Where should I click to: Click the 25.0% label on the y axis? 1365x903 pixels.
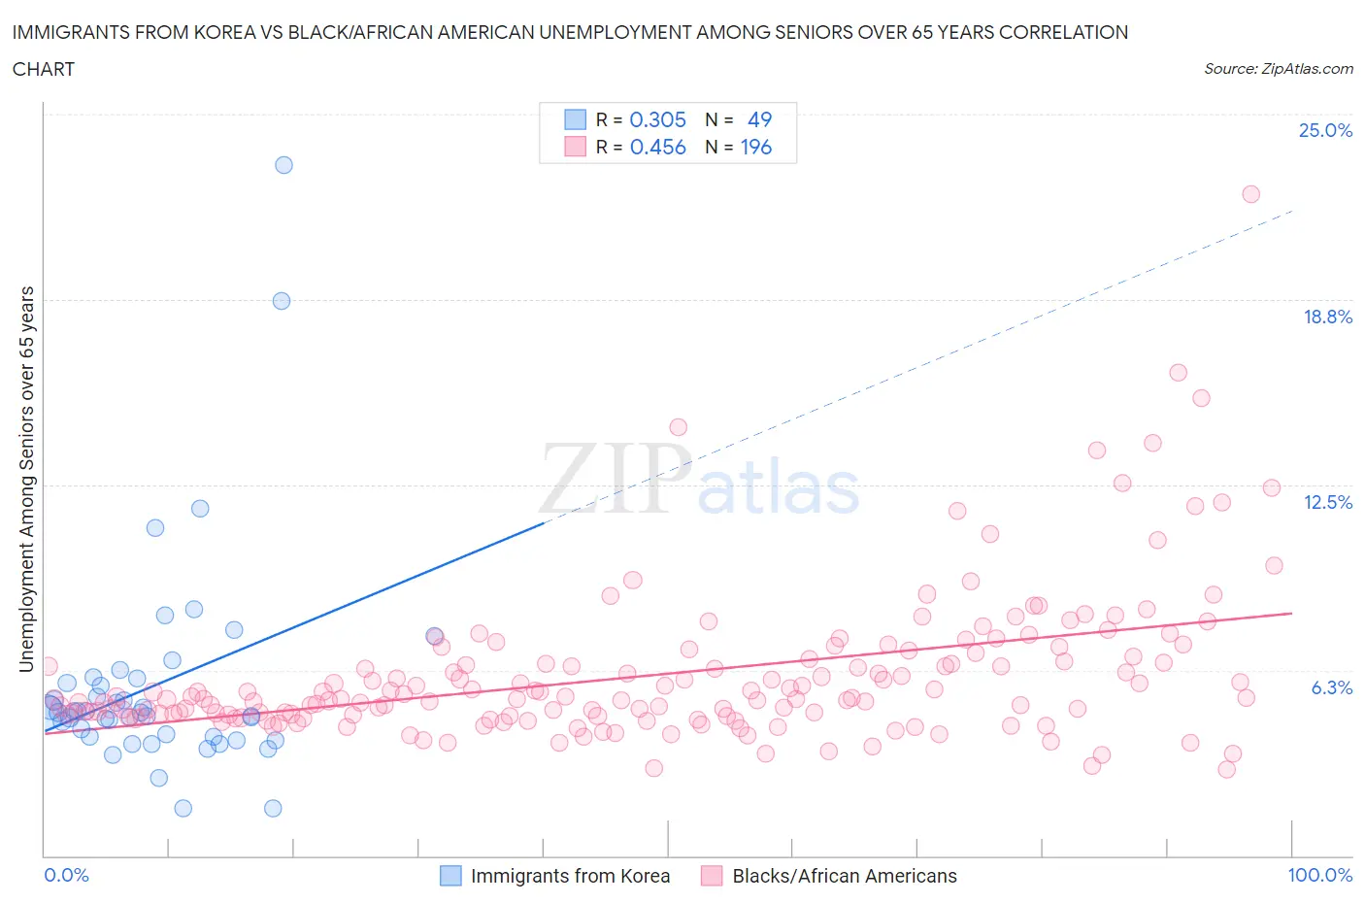point(1325,130)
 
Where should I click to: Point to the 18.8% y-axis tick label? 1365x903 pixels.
point(1327,317)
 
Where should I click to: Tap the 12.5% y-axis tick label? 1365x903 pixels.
point(1327,502)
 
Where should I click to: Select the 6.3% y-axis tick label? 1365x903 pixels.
point(1331,687)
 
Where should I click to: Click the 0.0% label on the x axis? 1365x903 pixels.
point(66,875)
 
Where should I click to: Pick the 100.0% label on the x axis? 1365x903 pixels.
point(1319,875)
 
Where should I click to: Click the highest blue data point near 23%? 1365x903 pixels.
point(283,165)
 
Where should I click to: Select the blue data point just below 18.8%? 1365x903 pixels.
point(282,301)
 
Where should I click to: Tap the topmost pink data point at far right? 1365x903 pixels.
point(1250,194)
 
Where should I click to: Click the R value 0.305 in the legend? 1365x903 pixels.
point(657,119)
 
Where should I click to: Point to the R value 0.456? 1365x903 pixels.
point(657,147)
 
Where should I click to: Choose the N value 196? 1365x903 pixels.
point(756,147)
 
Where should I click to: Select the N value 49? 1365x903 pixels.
point(759,119)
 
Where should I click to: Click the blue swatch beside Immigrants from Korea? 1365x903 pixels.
point(450,876)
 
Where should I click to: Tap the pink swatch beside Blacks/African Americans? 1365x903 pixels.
point(712,876)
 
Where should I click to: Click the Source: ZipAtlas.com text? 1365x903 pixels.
point(1278,68)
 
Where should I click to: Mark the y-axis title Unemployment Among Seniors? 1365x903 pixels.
point(26,479)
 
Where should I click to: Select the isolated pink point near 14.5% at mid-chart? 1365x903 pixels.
point(678,427)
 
